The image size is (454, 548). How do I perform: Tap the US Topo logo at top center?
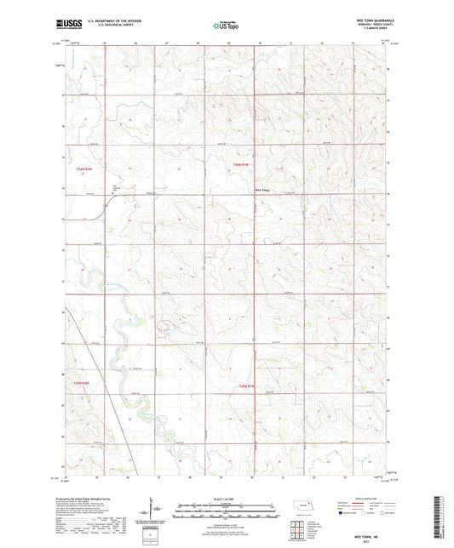pos(227,25)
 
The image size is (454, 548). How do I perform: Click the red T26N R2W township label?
pos(83,170)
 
